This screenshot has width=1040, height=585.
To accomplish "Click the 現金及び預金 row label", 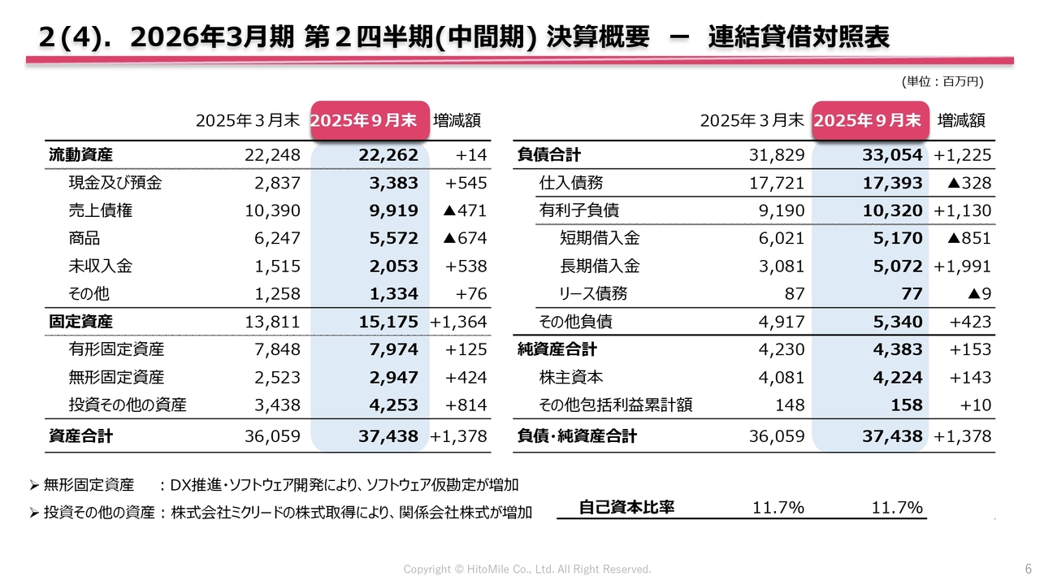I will click(115, 183).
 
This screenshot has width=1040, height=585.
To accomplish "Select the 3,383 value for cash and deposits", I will click(393, 183).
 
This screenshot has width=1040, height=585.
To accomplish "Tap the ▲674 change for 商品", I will click(464, 238).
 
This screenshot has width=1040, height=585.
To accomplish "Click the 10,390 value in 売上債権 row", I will click(272, 210).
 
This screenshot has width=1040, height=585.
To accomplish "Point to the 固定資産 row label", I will click(80, 321).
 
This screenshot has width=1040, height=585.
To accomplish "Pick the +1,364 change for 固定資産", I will click(458, 321).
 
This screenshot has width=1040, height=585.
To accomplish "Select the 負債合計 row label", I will click(548, 155).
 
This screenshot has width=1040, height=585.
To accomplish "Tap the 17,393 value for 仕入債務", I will click(892, 183).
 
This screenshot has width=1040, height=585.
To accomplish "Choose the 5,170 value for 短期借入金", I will click(897, 238).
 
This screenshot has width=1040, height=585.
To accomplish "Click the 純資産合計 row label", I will click(557, 349).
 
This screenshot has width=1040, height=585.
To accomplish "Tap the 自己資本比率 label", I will click(626, 508).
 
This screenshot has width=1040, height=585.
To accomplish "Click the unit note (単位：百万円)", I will click(942, 81).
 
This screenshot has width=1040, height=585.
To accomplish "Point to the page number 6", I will click(1028, 568).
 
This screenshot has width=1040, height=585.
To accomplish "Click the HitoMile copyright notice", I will click(527, 569).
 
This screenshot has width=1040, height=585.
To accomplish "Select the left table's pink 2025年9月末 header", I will click(370, 120).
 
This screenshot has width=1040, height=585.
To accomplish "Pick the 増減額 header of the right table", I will click(961, 120).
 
